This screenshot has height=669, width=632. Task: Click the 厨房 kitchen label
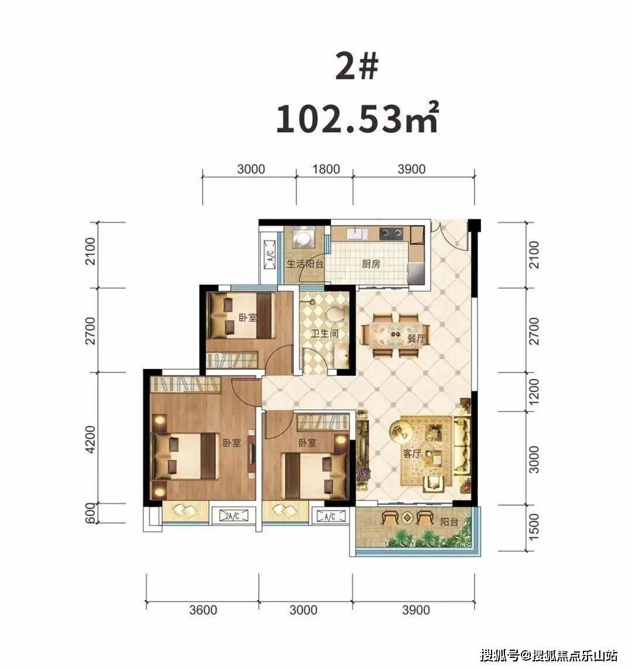coord(371,264)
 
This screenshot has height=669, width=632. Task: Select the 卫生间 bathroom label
coord(324,333)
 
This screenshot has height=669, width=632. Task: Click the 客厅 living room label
coord(411,454)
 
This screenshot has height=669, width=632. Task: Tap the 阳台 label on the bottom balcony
coord(449,521)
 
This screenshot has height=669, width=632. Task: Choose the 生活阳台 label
coord(305,264)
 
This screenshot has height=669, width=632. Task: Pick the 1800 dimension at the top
coord(326,169)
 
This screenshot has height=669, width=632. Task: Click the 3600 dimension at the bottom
coord(203,610)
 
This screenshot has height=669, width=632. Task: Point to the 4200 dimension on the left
coord(91,439)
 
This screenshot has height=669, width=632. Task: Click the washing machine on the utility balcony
coord(304,238)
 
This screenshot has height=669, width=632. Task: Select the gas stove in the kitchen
coord(391,233)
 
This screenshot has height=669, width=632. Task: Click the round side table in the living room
coord(401,431)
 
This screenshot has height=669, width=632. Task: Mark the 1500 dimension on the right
coord(534,527)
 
